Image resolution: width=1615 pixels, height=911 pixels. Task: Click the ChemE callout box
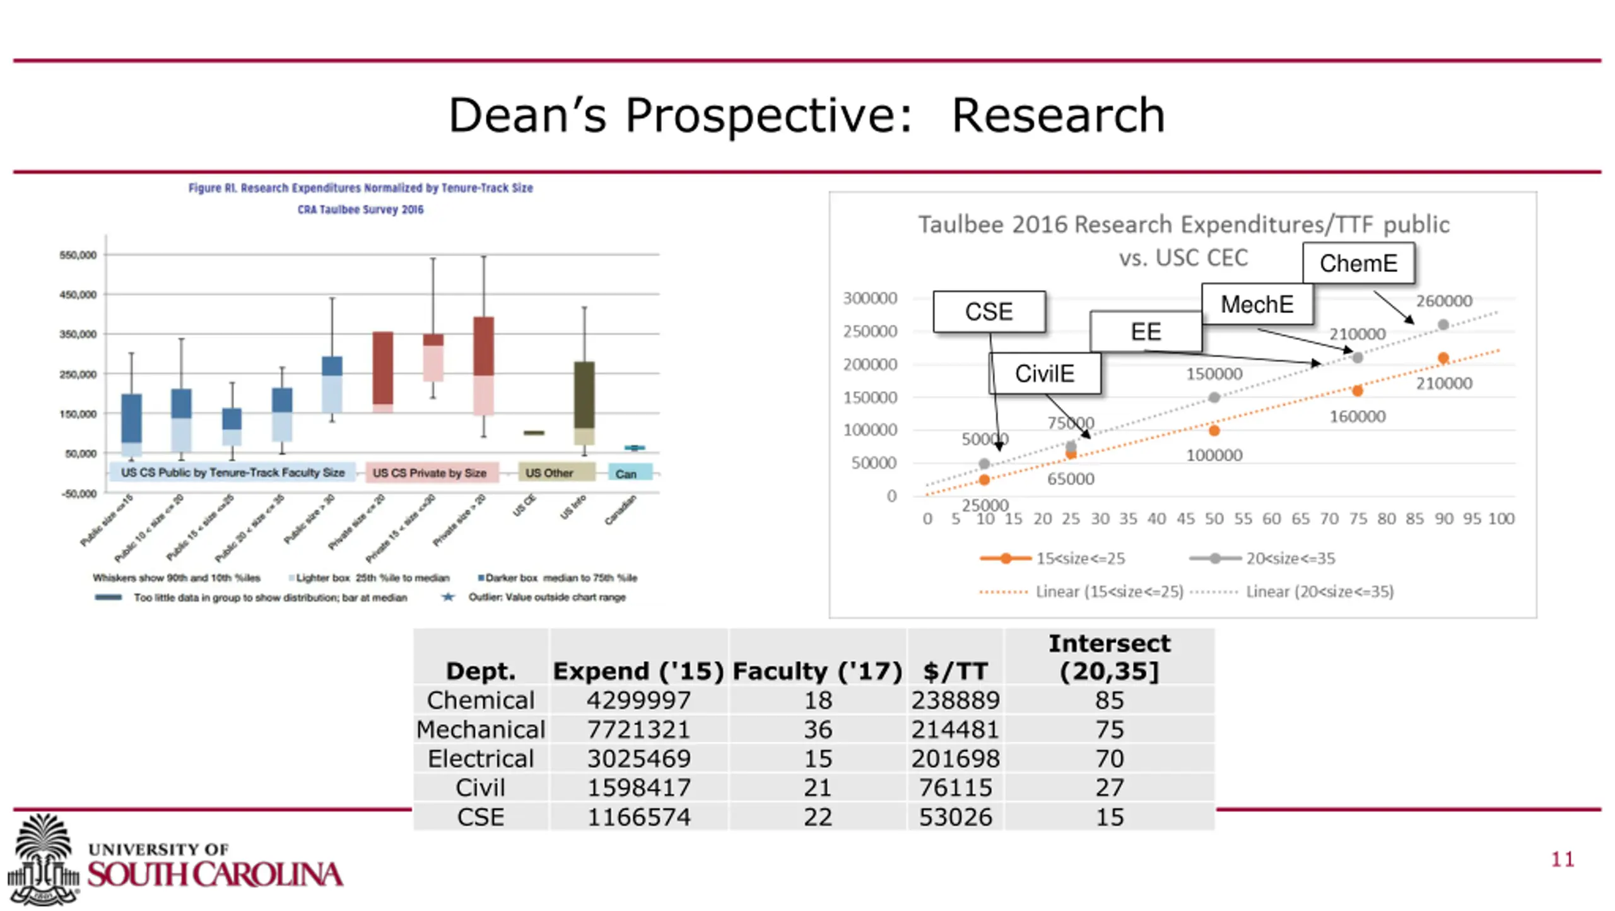tap(1358, 263)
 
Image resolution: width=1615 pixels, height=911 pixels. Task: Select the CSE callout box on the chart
tap(989, 312)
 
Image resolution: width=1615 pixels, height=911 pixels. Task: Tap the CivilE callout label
tap(1044, 373)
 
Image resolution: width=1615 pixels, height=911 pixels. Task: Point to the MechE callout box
tap(1257, 304)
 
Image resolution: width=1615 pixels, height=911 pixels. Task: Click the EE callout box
tap(1146, 332)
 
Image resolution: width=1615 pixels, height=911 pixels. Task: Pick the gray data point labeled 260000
tap(1443, 325)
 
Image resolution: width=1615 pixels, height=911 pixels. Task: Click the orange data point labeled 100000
tap(1214, 430)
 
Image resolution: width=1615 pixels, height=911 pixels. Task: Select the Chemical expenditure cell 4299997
tap(638, 700)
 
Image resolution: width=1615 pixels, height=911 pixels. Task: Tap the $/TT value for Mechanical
tap(954, 729)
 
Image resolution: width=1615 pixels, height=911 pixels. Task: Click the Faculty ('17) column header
tap(817, 671)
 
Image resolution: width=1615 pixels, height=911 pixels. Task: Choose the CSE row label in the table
tap(480, 817)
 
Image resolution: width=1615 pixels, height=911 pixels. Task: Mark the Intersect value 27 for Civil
tap(1109, 788)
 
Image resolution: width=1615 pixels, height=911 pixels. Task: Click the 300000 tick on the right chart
tap(870, 298)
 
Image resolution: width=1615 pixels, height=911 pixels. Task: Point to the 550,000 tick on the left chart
tap(78, 255)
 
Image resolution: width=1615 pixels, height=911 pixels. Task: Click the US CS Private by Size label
tap(430, 473)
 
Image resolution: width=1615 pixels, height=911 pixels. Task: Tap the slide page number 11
tap(1563, 859)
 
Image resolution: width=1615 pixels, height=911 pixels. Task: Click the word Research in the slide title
tap(1058, 115)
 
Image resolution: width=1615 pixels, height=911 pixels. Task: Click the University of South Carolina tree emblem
tap(43, 858)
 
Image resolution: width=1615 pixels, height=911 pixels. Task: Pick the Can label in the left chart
tap(626, 474)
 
